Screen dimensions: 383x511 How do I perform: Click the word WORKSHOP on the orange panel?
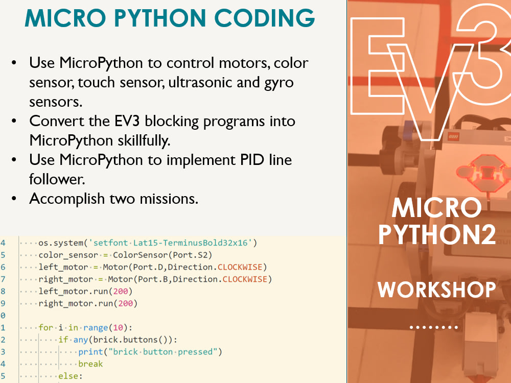point(437,290)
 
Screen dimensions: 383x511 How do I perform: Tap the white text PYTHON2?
point(437,234)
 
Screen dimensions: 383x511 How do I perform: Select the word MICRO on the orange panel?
point(437,208)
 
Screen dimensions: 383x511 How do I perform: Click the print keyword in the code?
point(89,352)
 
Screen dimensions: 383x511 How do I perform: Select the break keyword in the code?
point(90,364)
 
